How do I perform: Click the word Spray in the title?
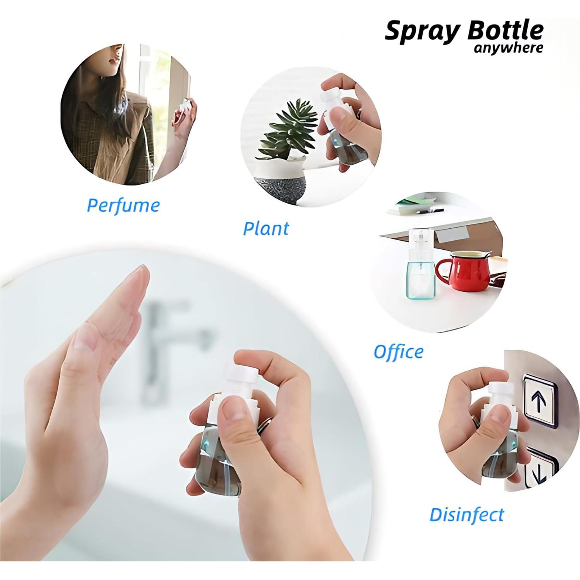pyautogui.click(x=421, y=31)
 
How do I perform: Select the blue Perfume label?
pyautogui.click(x=123, y=205)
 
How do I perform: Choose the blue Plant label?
pyautogui.click(x=266, y=228)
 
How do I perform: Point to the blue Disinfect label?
pyautogui.click(x=466, y=515)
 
